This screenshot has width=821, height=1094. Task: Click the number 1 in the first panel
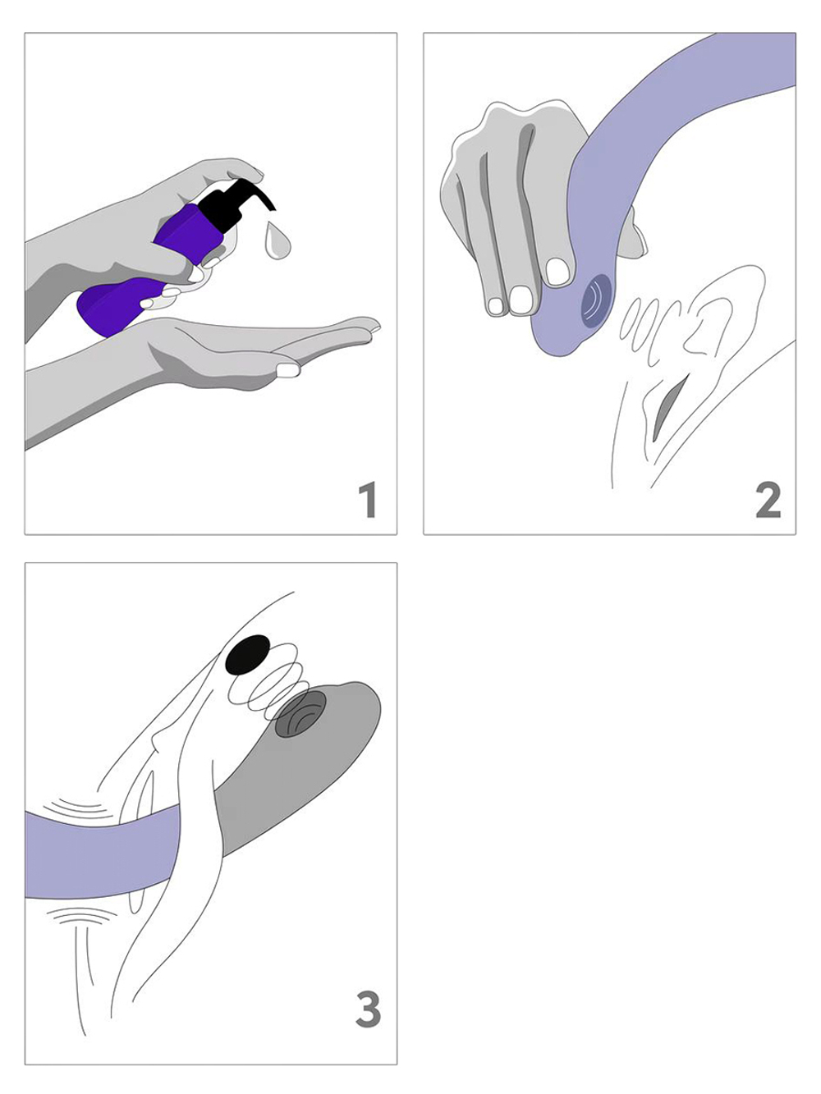(x=369, y=500)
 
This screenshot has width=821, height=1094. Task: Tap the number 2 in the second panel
(x=768, y=501)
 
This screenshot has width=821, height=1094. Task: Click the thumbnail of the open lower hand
(x=287, y=369)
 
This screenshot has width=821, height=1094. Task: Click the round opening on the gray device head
(x=300, y=712)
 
